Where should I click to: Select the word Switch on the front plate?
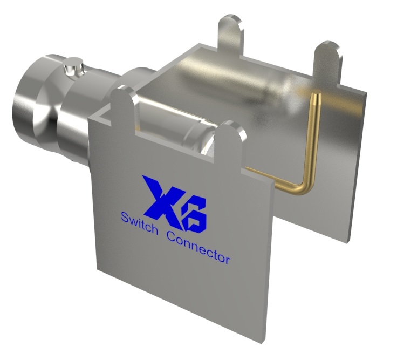[139, 224]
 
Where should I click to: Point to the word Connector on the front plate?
[198, 247]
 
